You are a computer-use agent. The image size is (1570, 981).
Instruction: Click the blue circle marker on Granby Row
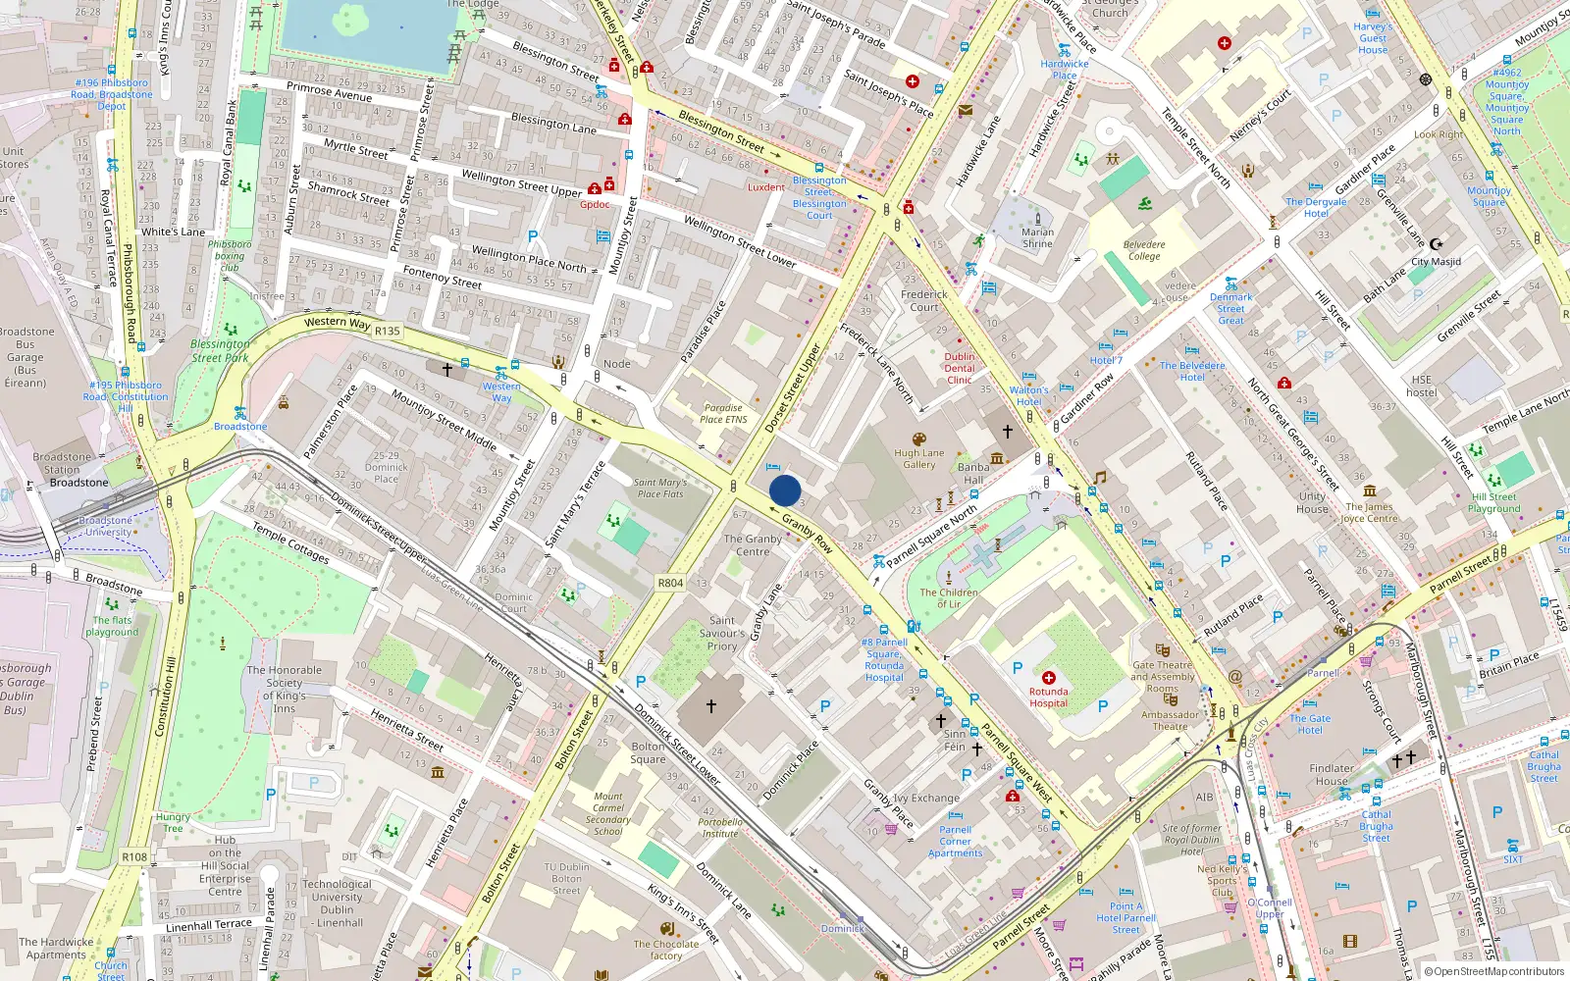[x=785, y=490]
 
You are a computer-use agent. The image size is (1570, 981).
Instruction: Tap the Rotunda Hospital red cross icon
[x=1048, y=678]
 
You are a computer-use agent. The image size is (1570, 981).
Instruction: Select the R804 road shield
[x=670, y=583]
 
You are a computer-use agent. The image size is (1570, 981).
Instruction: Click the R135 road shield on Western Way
[x=388, y=331]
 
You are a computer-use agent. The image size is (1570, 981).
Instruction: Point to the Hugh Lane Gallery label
[x=918, y=459]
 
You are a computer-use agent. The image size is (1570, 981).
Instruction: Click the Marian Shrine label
[x=1037, y=238]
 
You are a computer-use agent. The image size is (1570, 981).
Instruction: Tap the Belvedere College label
[x=1144, y=250]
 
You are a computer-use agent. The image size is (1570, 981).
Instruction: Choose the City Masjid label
[x=1436, y=262]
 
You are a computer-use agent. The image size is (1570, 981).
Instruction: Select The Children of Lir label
[x=948, y=597]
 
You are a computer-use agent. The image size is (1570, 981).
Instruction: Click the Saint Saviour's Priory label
[x=722, y=633]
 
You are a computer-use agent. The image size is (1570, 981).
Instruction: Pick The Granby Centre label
[x=753, y=544]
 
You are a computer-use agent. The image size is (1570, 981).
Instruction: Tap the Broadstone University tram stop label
[x=106, y=526]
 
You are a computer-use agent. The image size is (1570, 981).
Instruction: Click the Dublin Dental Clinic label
[x=960, y=368]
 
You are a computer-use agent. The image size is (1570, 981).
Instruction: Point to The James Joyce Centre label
[x=1369, y=512]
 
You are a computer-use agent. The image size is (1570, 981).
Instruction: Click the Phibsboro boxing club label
[x=230, y=255]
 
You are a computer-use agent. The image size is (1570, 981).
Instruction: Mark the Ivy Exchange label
[x=926, y=798]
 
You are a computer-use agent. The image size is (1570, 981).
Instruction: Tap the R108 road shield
[x=134, y=856]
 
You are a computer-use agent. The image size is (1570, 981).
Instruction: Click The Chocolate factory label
[x=665, y=950]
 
